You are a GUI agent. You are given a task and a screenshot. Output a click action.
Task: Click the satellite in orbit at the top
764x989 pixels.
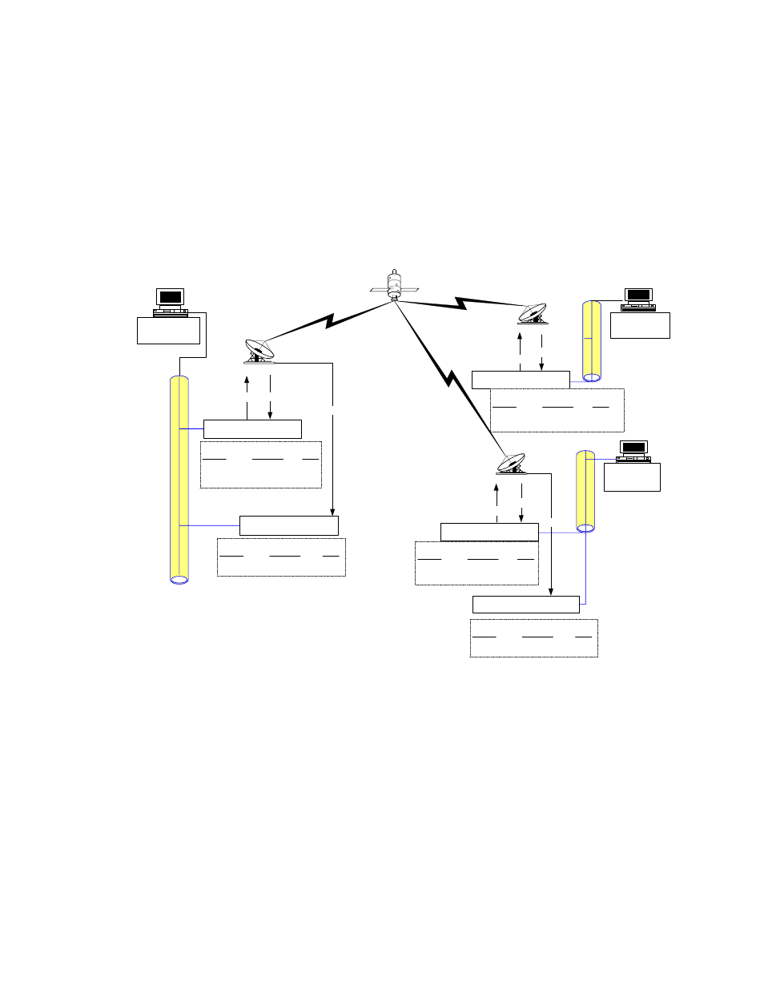tap(394, 285)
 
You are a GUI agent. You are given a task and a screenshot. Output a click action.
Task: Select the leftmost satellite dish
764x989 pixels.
tap(259, 352)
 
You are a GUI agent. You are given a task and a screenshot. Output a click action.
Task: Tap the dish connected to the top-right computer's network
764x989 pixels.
tap(533, 313)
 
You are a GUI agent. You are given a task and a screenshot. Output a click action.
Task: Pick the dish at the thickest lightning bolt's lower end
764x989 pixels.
tap(511, 464)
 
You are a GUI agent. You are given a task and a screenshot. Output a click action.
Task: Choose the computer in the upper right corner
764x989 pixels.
tap(638, 299)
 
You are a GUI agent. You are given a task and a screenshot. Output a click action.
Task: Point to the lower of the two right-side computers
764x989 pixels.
tap(633, 452)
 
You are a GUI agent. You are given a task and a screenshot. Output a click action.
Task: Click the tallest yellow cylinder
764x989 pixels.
tap(179, 479)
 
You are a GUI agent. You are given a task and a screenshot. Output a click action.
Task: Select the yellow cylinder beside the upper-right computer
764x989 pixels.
tap(592, 340)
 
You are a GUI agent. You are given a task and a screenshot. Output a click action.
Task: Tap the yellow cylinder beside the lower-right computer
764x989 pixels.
tap(585, 491)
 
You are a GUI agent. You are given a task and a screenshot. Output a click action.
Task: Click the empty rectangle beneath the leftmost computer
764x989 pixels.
tap(168, 331)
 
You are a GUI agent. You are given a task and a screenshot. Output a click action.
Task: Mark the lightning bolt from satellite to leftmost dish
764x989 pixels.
tap(328, 321)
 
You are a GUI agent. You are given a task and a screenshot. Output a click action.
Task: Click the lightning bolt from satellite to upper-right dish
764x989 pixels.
tap(460, 303)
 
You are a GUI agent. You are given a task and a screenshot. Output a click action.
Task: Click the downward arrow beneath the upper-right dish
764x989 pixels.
tap(542, 352)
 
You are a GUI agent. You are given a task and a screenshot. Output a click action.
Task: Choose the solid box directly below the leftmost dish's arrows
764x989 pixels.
tap(252, 428)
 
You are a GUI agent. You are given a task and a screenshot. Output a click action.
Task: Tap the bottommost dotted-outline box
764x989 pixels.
tap(533, 638)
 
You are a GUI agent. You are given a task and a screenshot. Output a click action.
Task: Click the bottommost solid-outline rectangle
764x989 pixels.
tap(525, 605)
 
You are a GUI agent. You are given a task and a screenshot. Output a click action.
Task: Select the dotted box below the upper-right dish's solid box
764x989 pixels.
tap(557, 410)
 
